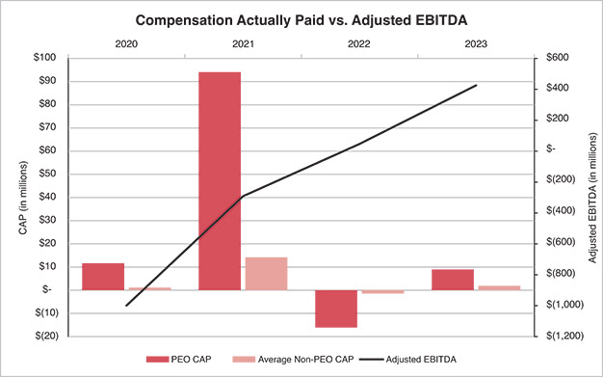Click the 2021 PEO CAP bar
220,180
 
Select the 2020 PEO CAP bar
103,276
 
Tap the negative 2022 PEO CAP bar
336,309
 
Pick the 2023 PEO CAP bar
453,279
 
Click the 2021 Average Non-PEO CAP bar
266,273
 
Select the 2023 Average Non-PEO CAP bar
499,287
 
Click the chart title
301,19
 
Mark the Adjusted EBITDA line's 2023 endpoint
476,85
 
